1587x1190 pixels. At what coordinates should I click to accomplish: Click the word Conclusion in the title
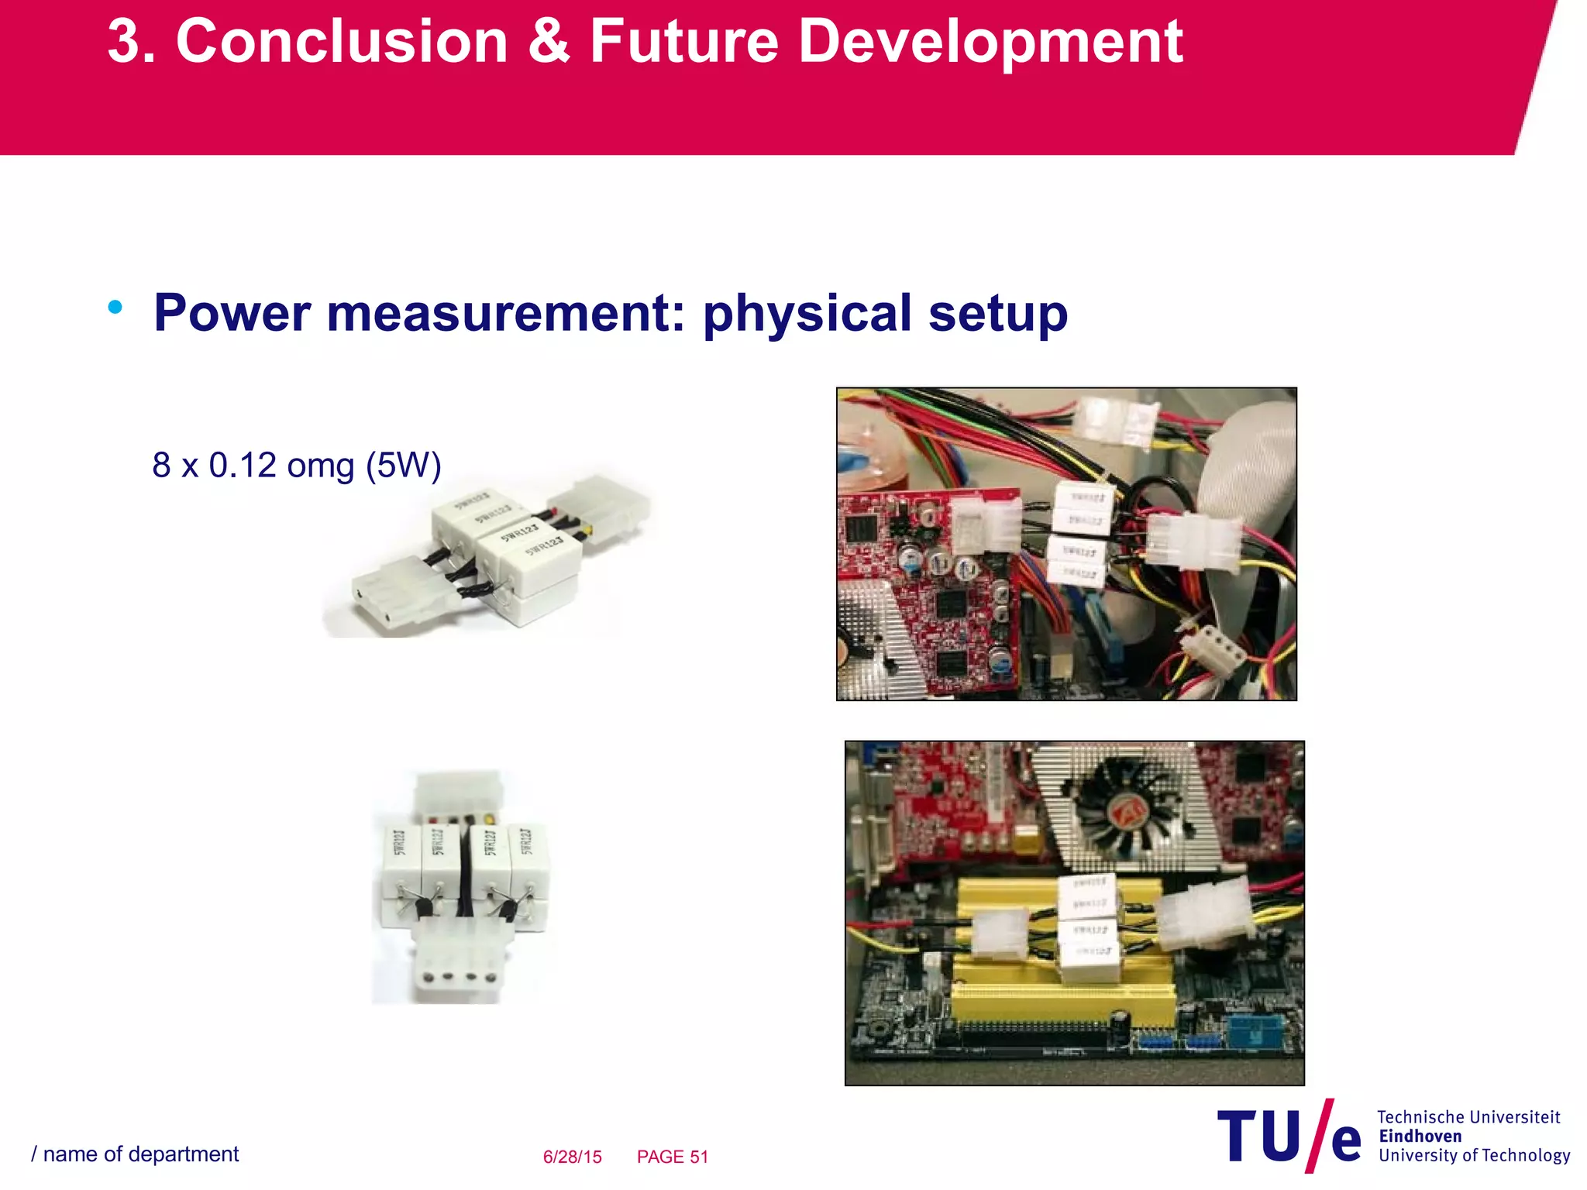coord(342,42)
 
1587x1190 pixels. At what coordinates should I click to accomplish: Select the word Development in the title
coord(990,43)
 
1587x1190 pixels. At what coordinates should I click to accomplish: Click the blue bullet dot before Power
coord(115,308)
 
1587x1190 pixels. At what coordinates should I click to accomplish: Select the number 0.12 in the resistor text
coord(243,466)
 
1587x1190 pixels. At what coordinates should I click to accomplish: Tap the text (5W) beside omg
coord(403,466)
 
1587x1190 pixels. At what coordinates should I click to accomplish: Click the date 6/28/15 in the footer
coord(572,1157)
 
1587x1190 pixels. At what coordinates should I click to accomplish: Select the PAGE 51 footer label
coord(673,1157)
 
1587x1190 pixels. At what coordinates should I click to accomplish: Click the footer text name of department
coord(140,1154)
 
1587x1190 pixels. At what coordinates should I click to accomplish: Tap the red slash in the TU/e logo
coord(1319,1135)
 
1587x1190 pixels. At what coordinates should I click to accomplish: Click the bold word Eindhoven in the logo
coord(1420,1137)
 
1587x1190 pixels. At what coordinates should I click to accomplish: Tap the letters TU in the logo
coord(1258,1136)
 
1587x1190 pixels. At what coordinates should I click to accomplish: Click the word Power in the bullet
coord(232,314)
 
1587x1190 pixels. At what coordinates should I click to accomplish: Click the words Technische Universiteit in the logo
coord(1468,1117)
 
